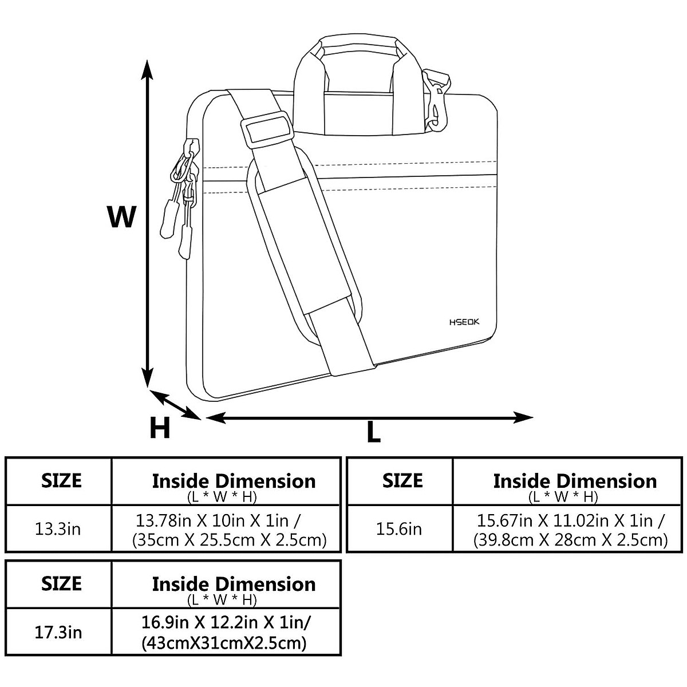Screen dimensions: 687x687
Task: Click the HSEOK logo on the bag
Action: [464, 322]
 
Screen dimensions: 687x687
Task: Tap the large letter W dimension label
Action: [122, 217]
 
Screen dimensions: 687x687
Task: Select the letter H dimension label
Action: [160, 427]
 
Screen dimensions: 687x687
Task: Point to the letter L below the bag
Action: [373, 432]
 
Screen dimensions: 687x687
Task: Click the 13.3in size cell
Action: [58, 528]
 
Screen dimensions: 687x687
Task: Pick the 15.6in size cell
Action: [399, 528]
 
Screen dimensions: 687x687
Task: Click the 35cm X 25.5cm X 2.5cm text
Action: [229, 540]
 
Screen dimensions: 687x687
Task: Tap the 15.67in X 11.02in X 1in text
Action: [571, 521]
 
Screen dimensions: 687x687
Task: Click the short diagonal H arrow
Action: [175, 405]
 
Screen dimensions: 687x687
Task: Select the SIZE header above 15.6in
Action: [402, 480]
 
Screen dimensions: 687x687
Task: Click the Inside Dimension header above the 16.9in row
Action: [234, 584]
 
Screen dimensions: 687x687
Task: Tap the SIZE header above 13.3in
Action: [61, 480]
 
